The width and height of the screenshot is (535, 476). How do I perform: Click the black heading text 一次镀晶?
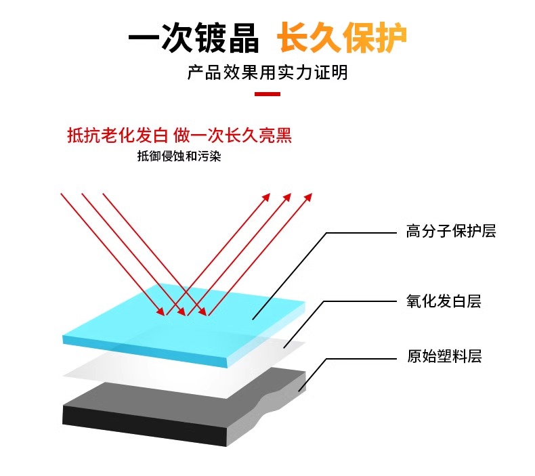pos(194,39)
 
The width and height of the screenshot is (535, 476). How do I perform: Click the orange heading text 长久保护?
pos(342,39)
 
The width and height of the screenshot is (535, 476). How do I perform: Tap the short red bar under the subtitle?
pos(267,94)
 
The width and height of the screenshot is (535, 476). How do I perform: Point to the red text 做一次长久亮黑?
pos(233,135)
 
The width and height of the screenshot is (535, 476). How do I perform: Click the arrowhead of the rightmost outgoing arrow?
pos(309,196)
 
